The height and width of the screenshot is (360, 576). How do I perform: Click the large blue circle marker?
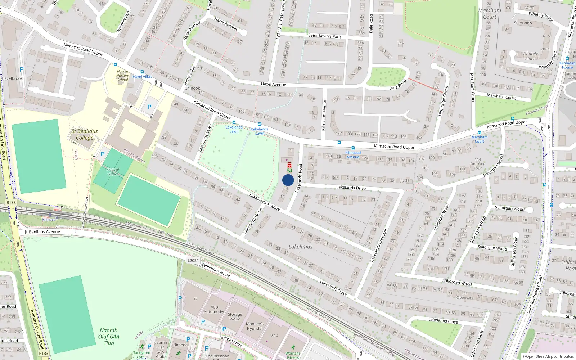point(288,180)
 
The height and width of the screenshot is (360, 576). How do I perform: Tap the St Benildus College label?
point(85,134)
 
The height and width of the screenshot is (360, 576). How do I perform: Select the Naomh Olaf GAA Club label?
point(108,337)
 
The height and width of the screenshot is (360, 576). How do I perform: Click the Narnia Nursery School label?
point(122,76)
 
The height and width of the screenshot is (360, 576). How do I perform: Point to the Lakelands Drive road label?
point(351,188)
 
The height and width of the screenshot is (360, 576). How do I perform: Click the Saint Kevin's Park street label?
point(324,36)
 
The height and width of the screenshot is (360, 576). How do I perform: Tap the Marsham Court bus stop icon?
point(479,132)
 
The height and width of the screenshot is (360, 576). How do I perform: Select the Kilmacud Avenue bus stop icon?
point(353,148)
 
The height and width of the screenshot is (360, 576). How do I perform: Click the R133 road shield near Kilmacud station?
point(11,202)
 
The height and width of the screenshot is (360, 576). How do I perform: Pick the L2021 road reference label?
point(193,260)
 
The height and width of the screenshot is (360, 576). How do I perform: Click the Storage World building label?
point(235,316)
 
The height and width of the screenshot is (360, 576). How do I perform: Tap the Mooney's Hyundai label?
point(255,326)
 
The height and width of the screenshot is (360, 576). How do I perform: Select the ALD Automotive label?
point(214,310)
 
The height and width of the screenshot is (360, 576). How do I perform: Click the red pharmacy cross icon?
point(289,165)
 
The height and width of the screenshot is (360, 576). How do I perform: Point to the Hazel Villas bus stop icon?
point(142,72)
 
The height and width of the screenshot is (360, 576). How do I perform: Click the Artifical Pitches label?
point(113,172)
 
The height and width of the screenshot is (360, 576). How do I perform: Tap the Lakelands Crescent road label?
point(379,245)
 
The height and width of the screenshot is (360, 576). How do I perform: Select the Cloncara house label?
point(464,297)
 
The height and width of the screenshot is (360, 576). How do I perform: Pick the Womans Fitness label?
point(293,355)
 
